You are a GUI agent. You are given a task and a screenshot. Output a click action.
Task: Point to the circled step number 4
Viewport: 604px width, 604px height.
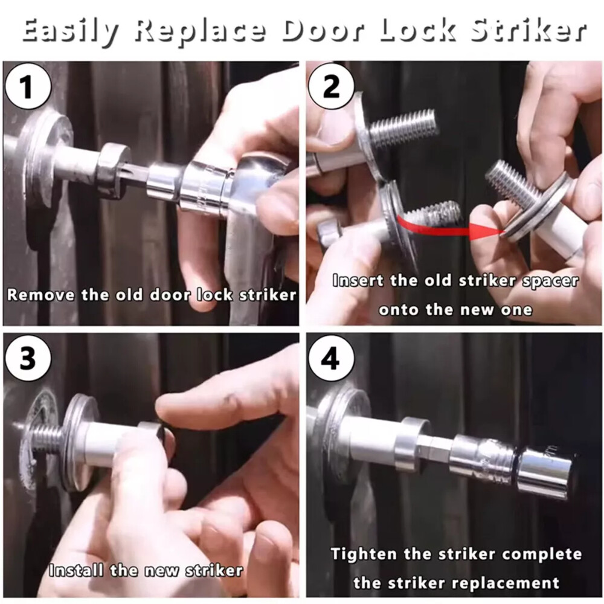point(332,361)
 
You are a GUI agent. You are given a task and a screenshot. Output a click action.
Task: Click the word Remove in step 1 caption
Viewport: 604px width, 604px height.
point(41,295)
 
